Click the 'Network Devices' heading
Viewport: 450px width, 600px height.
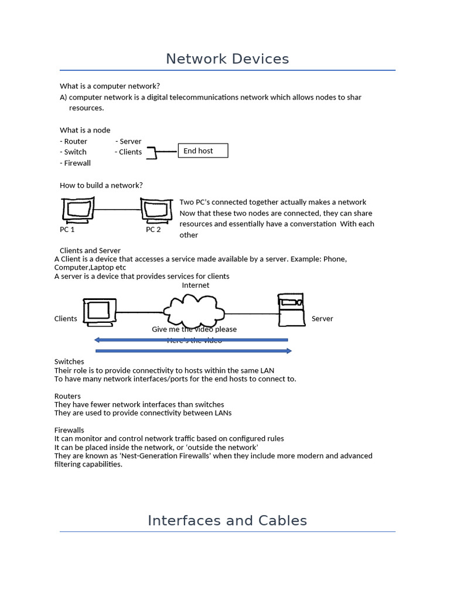pyautogui.click(x=227, y=59)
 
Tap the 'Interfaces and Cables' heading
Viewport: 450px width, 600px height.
pyautogui.click(x=227, y=520)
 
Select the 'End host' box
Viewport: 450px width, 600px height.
pyautogui.click(x=202, y=151)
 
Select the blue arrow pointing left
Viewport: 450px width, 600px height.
pyautogui.click(x=191, y=340)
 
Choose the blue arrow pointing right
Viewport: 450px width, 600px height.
pyautogui.click(x=193, y=351)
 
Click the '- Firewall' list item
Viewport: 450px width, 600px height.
pyautogui.click(x=75, y=163)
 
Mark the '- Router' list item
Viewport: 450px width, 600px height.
pyautogui.click(x=73, y=141)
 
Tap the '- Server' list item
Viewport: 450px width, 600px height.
pyautogui.click(x=128, y=141)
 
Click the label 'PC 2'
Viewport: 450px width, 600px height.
pyautogui.click(x=153, y=230)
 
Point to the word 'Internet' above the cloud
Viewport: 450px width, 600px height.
pyautogui.click(x=195, y=285)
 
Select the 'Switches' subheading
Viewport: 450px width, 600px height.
pyautogui.click(x=69, y=362)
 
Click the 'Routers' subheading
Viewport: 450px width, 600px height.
pyautogui.click(x=67, y=396)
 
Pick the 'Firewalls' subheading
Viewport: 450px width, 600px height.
pyautogui.click(x=69, y=430)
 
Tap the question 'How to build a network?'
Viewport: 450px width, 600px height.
pyautogui.click(x=101, y=185)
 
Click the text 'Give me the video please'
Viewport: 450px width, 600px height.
pyautogui.click(x=194, y=329)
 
